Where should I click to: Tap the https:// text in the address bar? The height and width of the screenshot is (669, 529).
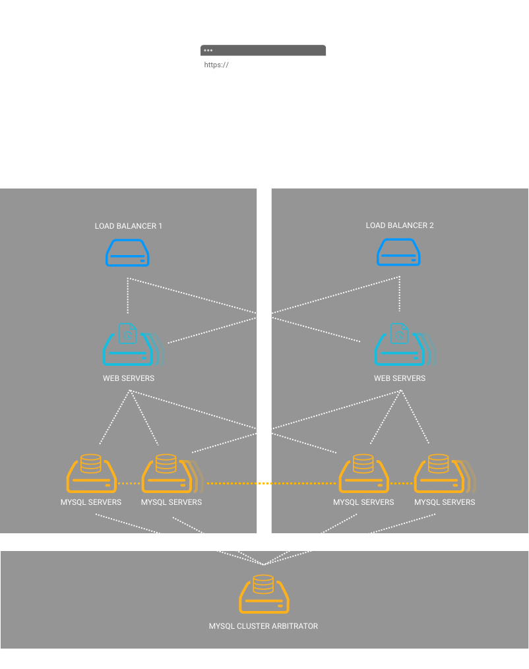[216, 65]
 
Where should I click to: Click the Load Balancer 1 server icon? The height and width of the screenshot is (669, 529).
[127, 252]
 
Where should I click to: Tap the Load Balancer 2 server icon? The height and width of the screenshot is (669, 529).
[398, 252]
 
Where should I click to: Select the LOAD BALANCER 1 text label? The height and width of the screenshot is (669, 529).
[129, 226]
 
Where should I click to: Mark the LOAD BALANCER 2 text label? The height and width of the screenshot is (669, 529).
[400, 225]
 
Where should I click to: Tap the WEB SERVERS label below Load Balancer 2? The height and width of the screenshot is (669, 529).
[400, 378]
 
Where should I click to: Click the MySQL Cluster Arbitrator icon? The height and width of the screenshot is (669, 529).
[263, 595]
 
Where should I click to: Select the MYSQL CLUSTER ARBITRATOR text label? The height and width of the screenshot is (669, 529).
[263, 626]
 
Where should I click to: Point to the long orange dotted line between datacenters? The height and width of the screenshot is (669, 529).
[270, 483]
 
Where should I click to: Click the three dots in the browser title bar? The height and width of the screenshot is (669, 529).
[208, 50]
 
